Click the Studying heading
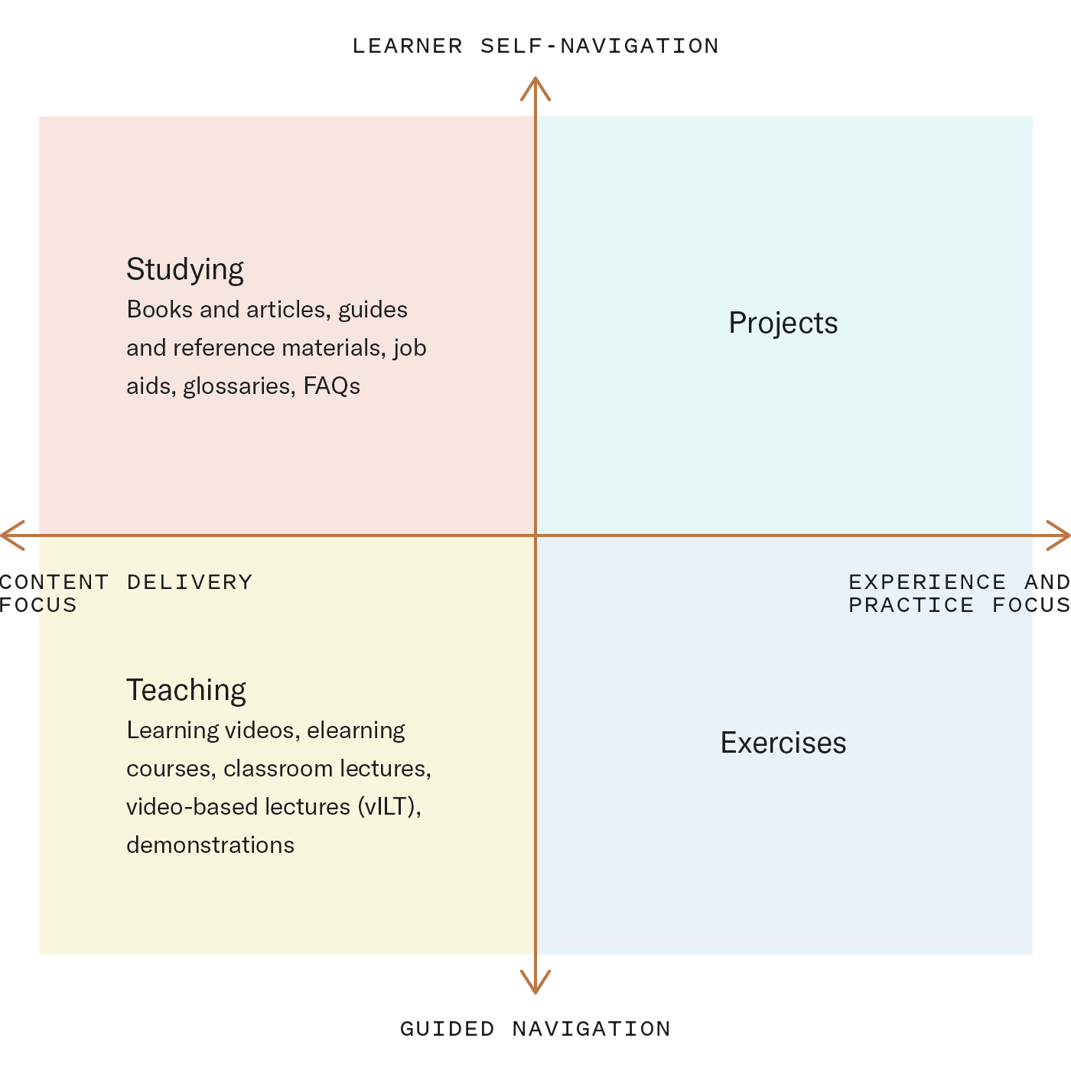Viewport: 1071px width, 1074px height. click(x=184, y=270)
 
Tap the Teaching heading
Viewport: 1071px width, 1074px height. click(x=186, y=691)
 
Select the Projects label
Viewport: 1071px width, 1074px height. click(x=783, y=324)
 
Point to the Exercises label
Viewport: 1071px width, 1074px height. click(x=783, y=743)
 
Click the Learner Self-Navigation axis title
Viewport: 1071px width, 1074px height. click(x=535, y=46)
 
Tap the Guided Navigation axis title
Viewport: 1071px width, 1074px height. click(x=535, y=1028)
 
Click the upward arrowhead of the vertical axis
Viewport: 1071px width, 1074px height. click(x=535, y=87)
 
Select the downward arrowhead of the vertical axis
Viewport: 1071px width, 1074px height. click(x=535, y=983)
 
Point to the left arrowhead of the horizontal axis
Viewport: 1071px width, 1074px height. click(x=12, y=535)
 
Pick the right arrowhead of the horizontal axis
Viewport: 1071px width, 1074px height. click(x=1058, y=535)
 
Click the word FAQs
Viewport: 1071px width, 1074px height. click(x=332, y=386)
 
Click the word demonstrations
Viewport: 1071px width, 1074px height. click(x=210, y=845)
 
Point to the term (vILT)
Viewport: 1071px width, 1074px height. click(x=389, y=808)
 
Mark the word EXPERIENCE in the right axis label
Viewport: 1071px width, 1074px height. click(x=927, y=582)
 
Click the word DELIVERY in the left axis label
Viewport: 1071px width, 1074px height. click(x=190, y=582)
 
